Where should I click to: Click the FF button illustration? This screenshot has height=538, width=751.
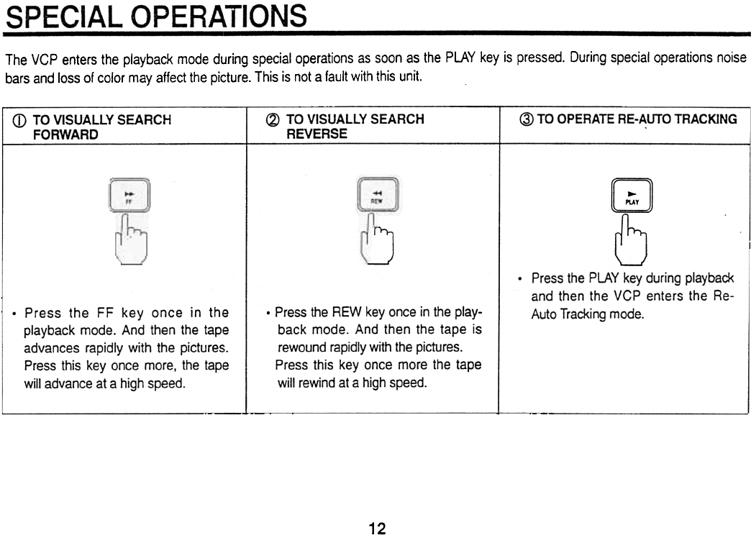coord(129,194)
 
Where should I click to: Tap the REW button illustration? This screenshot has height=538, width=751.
coord(377,195)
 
